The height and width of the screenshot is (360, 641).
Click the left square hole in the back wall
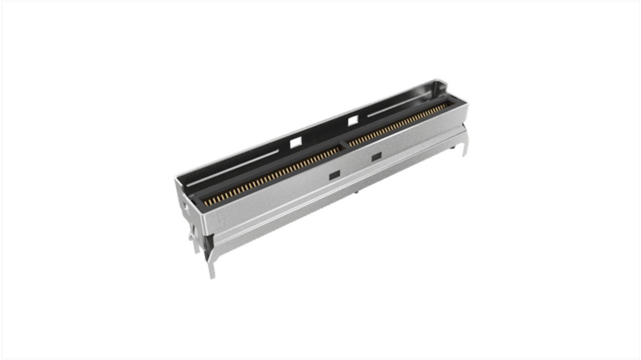pos(295,143)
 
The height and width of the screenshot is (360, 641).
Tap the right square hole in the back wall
pos(353,120)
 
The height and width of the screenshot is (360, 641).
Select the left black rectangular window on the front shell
pos(334,174)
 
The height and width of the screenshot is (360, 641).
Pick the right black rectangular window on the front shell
pos(376,157)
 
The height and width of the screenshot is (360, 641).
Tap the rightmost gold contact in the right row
pos(447,105)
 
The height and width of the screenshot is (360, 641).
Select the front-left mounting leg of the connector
pos(211,268)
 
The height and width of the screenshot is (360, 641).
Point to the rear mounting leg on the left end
pos(192,239)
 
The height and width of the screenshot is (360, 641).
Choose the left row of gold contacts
pos(271,176)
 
